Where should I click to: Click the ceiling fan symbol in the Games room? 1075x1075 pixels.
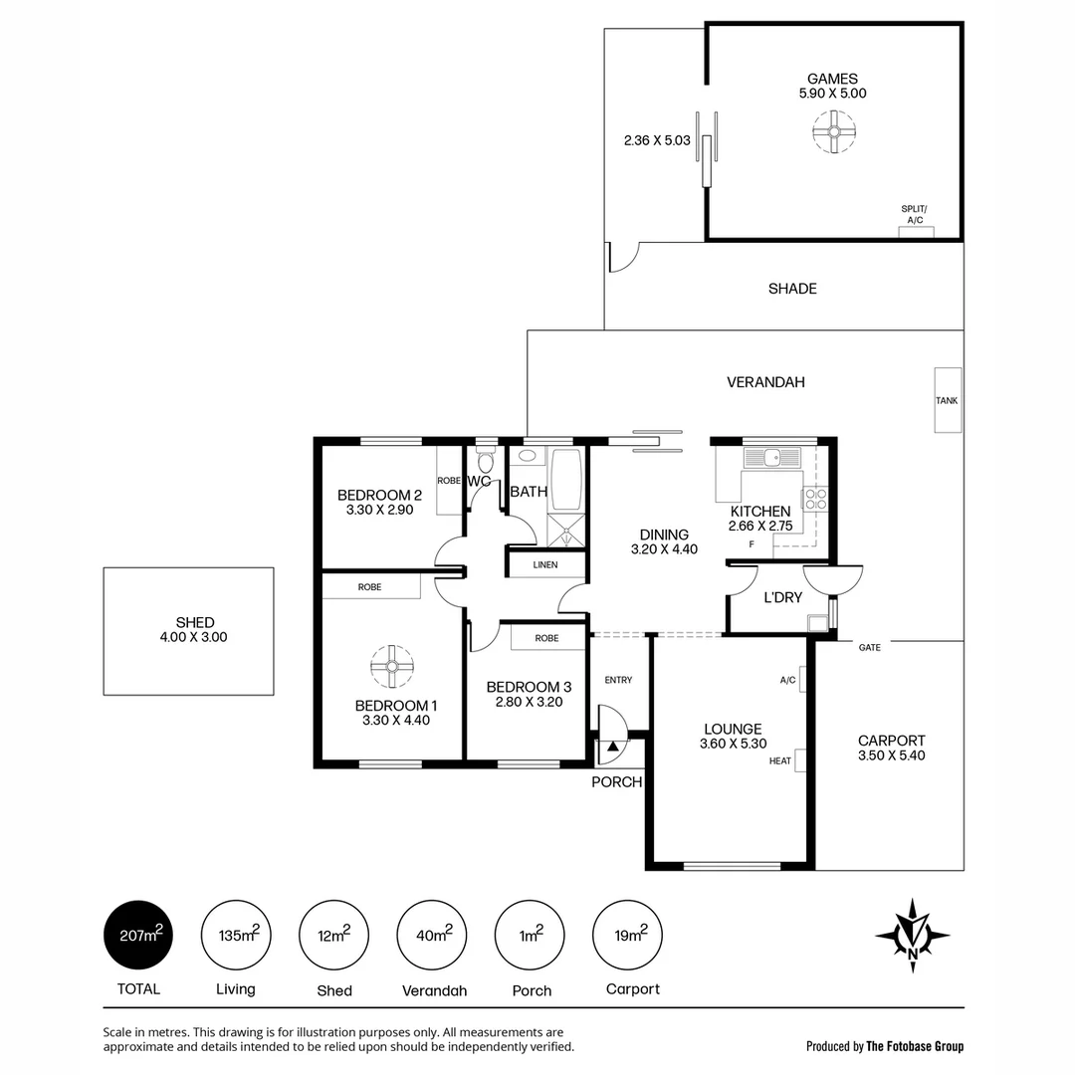tap(832, 131)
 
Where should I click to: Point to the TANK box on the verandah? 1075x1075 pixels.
tap(947, 400)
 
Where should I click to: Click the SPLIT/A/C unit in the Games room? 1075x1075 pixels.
tap(916, 232)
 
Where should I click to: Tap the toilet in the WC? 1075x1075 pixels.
tap(485, 462)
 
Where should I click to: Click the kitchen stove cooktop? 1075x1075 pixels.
tap(816, 499)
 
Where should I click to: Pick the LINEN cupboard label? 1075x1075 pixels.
tap(545, 564)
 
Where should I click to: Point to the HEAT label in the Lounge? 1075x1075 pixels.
tap(780, 761)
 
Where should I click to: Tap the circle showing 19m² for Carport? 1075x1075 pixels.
tap(628, 935)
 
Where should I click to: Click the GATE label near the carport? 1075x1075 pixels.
tap(869, 647)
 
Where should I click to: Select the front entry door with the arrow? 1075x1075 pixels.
tap(610, 727)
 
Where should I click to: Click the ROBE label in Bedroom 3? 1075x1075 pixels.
tap(546, 638)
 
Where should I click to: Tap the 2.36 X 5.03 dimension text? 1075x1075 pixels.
tap(657, 141)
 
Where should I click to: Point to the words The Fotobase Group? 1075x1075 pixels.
tap(915, 1046)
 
